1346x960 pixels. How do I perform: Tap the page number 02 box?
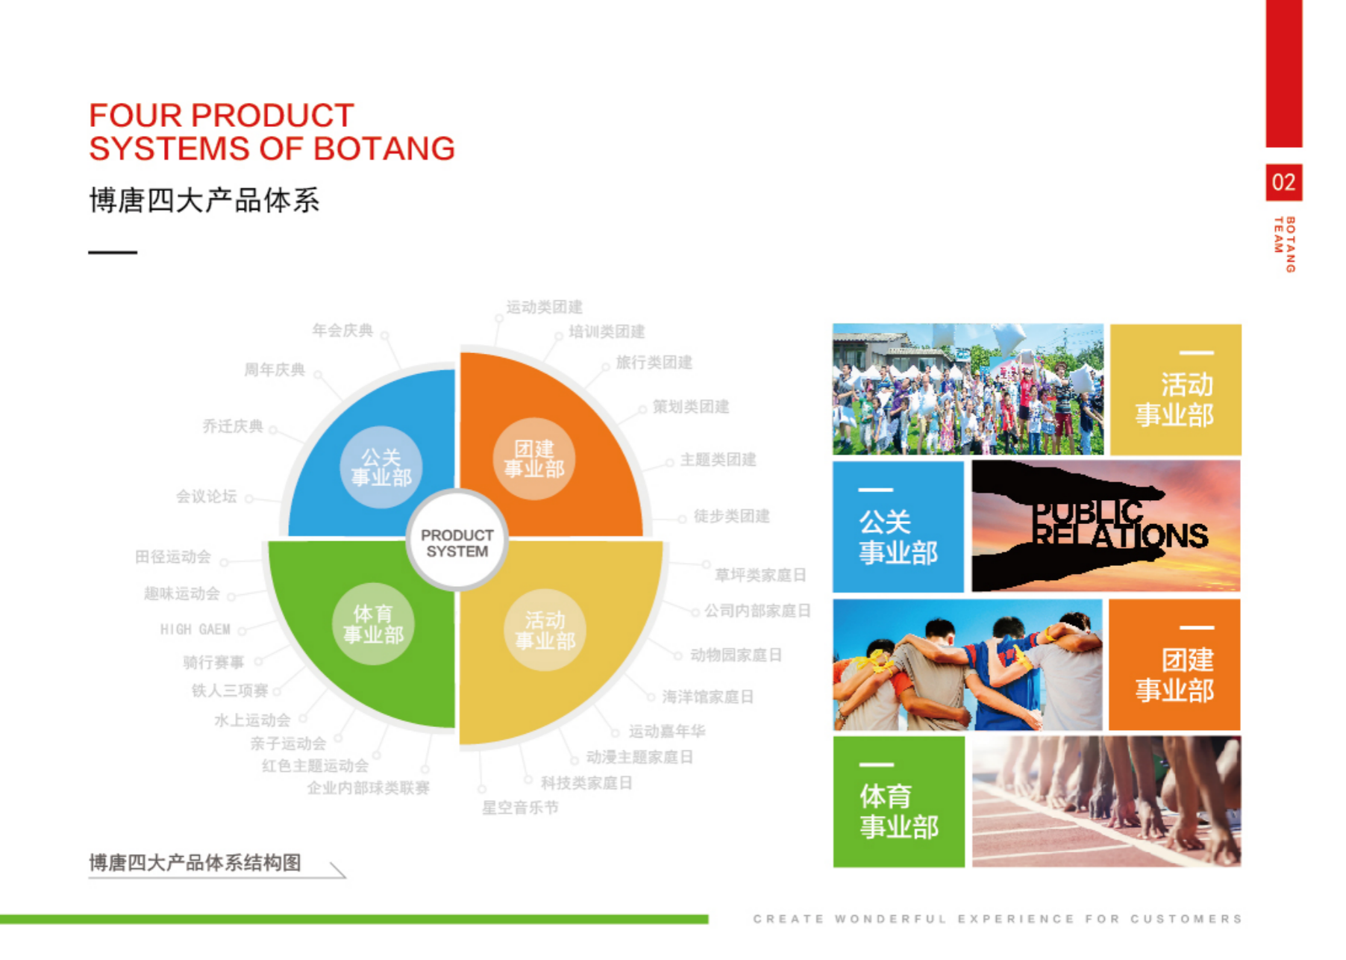1283,182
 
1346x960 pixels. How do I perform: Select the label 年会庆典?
342,330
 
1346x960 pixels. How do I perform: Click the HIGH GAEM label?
195,629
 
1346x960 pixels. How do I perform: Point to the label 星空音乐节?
520,807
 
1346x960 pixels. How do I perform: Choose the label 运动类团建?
545,307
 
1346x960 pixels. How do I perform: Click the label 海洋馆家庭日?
708,696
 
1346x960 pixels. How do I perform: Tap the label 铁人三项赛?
230,691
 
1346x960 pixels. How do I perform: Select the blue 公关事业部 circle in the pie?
381,467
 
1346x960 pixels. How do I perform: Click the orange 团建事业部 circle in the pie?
534,458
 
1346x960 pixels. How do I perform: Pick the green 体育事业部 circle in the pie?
373,624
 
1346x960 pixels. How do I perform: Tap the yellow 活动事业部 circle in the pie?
545,630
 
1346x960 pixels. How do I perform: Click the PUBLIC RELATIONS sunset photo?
1106,526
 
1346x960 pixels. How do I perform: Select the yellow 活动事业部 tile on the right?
1176,390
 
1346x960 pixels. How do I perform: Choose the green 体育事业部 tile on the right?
898,802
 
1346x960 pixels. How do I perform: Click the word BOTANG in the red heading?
384,149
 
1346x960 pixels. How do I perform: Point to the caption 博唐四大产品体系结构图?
195,863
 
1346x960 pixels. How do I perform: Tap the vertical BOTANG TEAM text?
1285,244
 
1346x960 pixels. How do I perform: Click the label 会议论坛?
207,496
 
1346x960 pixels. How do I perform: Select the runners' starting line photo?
1106,802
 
